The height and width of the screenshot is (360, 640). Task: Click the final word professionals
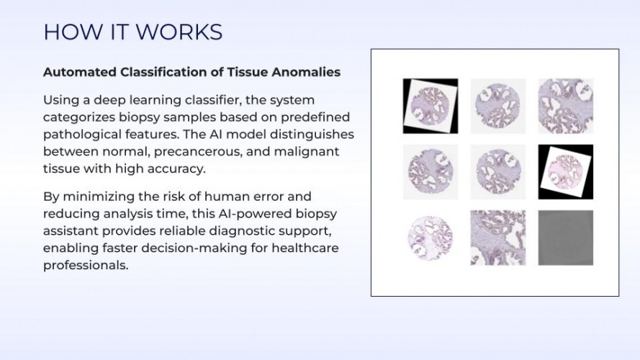click(86, 265)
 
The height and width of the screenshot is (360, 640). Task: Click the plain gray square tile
click(566, 238)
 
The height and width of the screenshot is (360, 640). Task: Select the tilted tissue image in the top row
click(431, 106)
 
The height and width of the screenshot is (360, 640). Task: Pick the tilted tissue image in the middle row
click(566, 172)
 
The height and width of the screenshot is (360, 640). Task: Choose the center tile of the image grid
click(498, 172)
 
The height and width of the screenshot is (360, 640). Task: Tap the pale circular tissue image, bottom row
click(431, 238)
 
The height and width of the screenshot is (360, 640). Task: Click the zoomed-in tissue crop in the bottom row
click(498, 238)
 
